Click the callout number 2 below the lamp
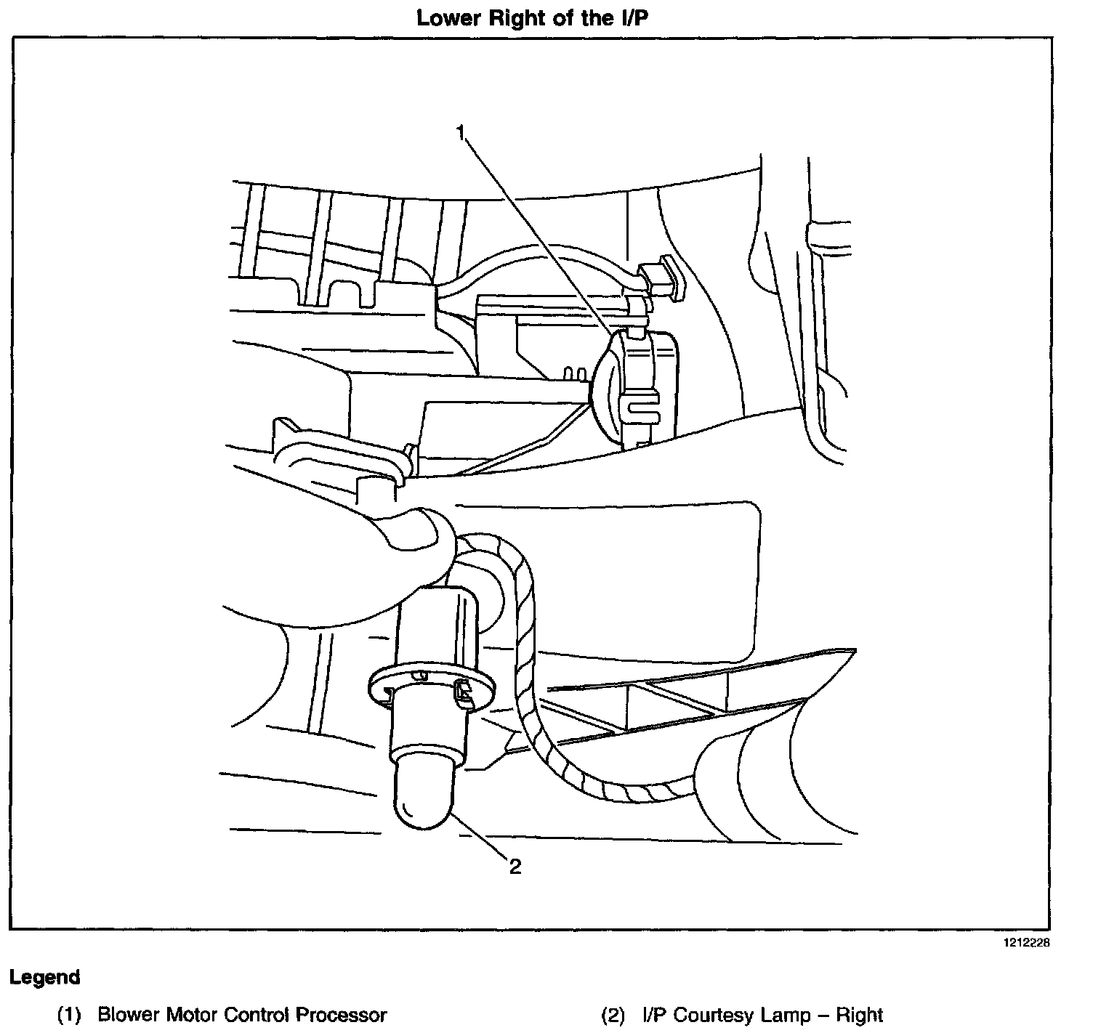coord(515,866)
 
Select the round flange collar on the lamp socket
coord(431,687)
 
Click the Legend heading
coord(44,977)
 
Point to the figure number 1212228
coord(1027,943)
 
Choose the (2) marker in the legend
coord(613,1014)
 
